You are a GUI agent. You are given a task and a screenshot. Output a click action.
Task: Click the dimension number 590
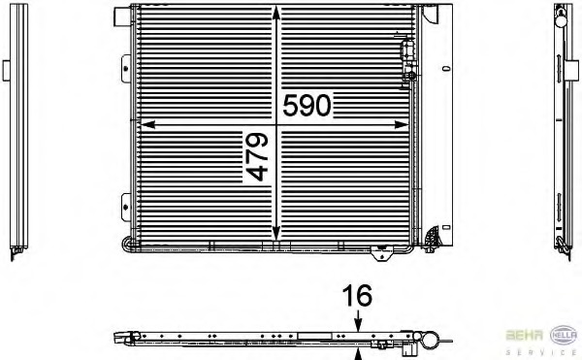[307, 106]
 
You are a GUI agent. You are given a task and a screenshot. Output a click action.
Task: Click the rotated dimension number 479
[257, 157]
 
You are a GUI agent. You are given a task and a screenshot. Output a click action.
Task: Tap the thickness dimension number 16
[357, 296]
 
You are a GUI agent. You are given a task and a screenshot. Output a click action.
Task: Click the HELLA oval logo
[564, 335]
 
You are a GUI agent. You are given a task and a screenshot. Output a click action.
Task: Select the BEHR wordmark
[525, 335]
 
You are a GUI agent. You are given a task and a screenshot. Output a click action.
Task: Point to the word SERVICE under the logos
[541, 352]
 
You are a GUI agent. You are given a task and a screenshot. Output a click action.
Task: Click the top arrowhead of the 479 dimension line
[275, 13]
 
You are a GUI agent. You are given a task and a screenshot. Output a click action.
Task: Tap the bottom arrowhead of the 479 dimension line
[275, 234]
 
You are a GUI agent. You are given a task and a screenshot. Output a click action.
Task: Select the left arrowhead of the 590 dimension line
[147, 125]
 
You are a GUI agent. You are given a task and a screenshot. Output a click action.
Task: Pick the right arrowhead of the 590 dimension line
[402, 125]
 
